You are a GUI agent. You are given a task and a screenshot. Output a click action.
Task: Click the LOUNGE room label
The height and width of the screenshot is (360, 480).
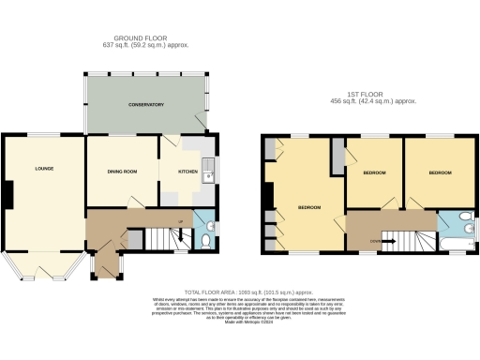43,170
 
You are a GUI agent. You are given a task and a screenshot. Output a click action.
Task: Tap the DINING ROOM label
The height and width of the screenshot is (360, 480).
122,172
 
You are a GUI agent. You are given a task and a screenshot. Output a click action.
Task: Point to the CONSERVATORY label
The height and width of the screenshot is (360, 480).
147,105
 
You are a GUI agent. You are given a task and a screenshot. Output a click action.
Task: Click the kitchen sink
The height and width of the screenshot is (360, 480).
214,172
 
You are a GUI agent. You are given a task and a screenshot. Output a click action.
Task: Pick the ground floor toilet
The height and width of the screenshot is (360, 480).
205,243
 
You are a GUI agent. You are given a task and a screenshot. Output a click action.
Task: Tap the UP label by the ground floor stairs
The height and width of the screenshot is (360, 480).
181,222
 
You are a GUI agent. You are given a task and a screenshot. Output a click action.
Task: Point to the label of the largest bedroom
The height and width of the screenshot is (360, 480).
309,207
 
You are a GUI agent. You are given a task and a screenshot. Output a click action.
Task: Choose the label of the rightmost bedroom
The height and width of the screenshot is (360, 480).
440,173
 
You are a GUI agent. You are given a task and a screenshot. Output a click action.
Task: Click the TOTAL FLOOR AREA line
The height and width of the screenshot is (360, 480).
239,292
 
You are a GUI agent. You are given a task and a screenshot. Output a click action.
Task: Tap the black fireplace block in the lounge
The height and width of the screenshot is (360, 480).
8,195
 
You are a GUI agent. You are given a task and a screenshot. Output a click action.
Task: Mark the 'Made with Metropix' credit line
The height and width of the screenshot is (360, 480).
239,322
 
